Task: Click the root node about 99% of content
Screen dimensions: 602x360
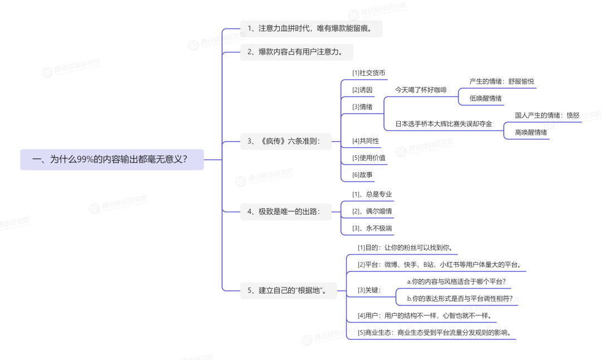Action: (112, 159)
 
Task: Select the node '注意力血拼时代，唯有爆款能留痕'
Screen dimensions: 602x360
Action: (311, 28)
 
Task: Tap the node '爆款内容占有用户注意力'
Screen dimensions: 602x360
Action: (297, 52)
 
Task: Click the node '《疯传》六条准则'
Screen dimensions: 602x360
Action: (284, 141)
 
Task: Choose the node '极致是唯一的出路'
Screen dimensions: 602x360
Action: (284, 211)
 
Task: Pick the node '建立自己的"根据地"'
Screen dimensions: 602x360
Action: (288, 290)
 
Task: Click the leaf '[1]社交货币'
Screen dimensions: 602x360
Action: (368, 73)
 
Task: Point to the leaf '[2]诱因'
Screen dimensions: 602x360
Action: (362, 90)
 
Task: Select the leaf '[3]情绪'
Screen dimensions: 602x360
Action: (362, 106)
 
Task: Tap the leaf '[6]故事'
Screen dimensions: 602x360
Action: (362, 174)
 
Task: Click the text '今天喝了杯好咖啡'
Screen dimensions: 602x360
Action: (421, 90)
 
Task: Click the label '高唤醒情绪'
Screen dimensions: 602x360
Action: (531, 133)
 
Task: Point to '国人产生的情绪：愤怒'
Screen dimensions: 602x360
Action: (547, 115)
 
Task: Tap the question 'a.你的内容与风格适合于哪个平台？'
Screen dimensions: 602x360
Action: (456, 281)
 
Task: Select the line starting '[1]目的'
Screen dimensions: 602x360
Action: (405, 247)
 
